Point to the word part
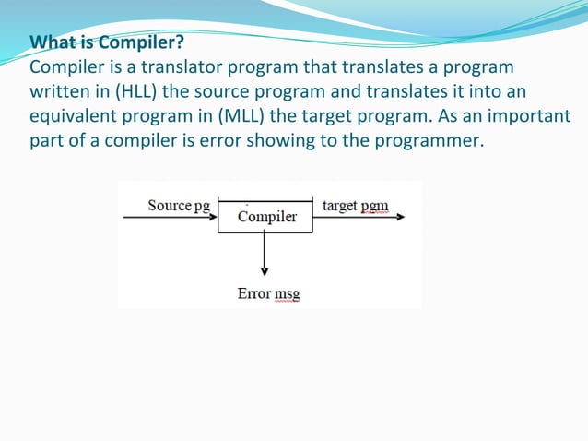(46, 141)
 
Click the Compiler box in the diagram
(265, 217)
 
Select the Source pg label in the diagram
(179, 205)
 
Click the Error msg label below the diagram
(268, 293)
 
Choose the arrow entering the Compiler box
(171, 219)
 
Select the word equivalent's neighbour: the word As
(412, 117)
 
